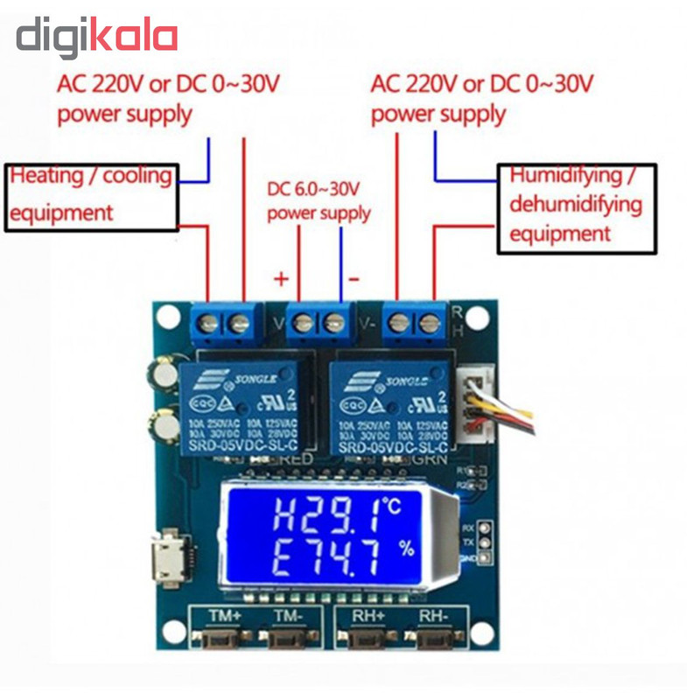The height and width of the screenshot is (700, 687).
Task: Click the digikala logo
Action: (97, 38)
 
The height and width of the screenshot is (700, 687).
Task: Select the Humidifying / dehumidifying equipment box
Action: (575, 207)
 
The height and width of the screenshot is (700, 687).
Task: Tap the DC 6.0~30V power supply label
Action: (319, 200)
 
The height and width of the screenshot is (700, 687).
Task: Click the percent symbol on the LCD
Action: (406, 549)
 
